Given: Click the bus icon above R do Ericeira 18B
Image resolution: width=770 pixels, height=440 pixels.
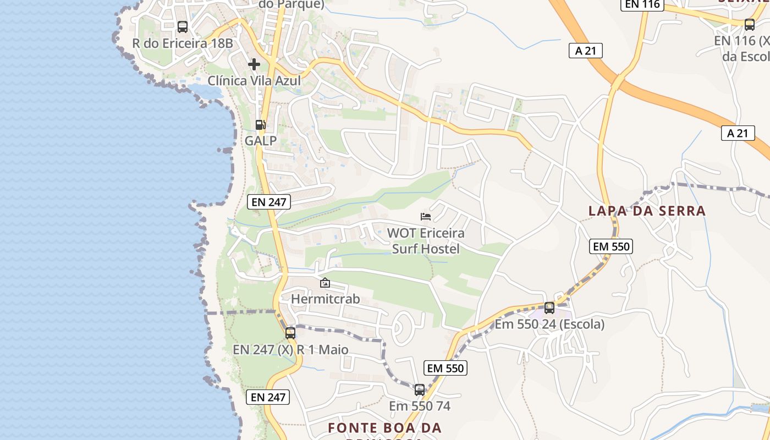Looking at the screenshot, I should coord(183,26).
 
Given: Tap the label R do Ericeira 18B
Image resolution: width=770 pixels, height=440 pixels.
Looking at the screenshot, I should coord(183,43).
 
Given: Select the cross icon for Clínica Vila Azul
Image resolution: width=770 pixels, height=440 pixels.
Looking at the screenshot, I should coord(254,64).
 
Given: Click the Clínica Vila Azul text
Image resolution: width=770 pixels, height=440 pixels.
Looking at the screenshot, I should coord(254,81).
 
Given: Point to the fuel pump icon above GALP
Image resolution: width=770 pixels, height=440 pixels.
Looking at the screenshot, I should coord(261,125).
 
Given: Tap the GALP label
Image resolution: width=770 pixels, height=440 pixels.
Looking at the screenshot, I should coord(261,141).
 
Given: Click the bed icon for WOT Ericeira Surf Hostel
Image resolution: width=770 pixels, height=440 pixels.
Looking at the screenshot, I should coord(426,217).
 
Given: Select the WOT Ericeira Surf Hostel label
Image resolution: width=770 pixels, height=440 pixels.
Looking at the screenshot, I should coord(426,241).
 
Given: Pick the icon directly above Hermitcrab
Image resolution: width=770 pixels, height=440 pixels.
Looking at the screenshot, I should coord(325,283).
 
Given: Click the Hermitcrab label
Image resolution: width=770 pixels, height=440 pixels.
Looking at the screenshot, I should coord(325,299).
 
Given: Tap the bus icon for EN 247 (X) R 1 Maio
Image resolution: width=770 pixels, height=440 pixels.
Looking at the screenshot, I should coord(290,333).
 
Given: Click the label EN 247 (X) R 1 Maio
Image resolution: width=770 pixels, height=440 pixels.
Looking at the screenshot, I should coord(290,350).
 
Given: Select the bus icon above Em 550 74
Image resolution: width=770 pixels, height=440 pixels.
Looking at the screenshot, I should coord(420,390).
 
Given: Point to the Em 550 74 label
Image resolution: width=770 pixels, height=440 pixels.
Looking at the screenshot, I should coord(420,406).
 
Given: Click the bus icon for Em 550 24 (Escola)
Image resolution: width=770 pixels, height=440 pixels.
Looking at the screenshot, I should coord(549,308).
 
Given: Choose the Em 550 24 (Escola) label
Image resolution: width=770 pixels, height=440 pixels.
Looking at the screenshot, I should coord(549,324).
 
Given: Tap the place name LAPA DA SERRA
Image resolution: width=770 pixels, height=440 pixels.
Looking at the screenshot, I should coord(647,211).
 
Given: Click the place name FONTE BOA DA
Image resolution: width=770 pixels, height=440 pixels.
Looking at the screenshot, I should coord(385,427).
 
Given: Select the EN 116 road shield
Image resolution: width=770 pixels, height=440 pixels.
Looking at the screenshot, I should coord(642,5).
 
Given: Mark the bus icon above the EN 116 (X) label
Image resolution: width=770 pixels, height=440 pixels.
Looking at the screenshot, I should coord(749,24).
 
